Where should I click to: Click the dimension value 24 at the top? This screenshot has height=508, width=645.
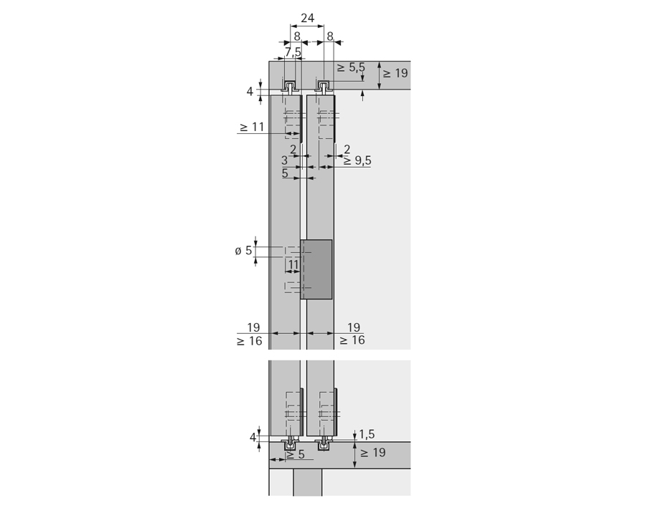[307, 18]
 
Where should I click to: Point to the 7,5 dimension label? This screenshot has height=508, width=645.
[293, 52]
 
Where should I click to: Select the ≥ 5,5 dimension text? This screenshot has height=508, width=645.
[351, 67]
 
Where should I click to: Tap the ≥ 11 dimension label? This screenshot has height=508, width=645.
[251, 127]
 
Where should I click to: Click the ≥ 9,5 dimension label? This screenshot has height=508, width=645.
[357, 160]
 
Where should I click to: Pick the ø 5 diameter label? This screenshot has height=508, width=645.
[243, 250]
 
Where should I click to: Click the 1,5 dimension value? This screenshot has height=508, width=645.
[367, 434]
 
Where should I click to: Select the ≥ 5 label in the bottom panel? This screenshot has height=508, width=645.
[296, 454]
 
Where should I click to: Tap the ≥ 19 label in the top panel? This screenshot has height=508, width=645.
[395, 73]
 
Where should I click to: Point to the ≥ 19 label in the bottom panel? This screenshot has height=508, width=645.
[373, 453]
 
